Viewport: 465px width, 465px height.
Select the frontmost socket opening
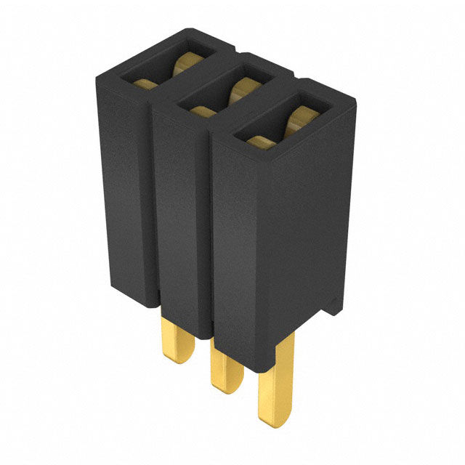(x=279, y=128)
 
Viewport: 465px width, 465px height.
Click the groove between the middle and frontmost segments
(x=211, y=232)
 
